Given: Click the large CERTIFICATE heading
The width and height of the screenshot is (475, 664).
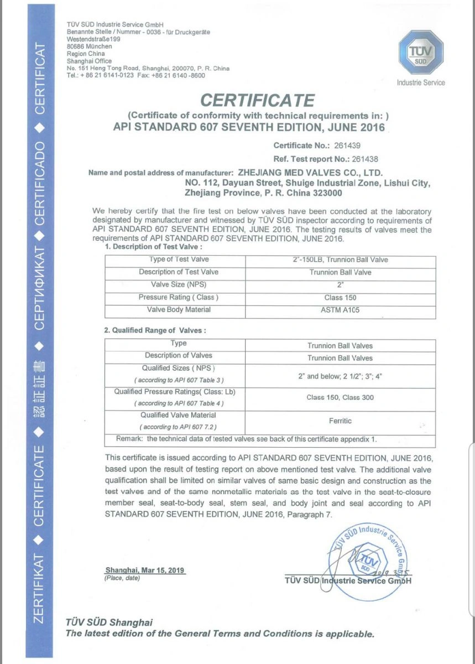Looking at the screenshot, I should pyautogui.click(x=257, y=100).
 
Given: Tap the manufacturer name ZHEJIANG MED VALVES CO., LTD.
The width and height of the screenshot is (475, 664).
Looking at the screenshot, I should pyautogui.click(x=310, y=173).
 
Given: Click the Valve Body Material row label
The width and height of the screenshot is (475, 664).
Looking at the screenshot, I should pyautogui.click(x=179, y=310).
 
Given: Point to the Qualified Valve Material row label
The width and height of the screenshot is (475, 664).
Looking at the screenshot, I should pyautogui.click(x=178, y=415).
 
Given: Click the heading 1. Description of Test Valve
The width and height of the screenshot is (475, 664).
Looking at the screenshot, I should pyautogui.click(x=154, y=246).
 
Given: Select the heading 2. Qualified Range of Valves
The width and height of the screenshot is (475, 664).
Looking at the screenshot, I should pyautogui.click(x=155, y=330).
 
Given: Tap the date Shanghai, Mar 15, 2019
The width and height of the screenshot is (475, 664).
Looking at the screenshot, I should pyautogui.click(x=145, y=570).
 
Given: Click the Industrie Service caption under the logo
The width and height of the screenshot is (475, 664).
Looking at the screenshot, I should pyautogui.click(x=421, y=82).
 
